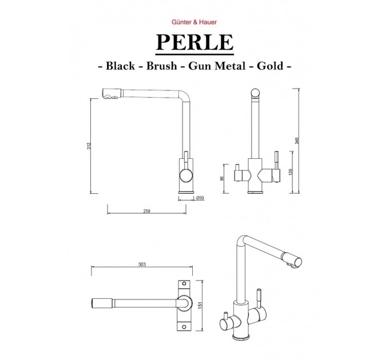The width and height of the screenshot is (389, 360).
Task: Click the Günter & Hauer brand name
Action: (x=194, y=22)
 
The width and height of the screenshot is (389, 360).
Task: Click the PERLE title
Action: (x=194, y=42)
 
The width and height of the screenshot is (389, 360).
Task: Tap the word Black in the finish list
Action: (x=120, y=66)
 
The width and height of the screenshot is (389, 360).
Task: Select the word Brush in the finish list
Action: (x=161, y=66)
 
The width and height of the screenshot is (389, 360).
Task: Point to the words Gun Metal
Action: (x=217, y=66)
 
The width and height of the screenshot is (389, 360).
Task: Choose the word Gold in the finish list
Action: (x=270, y=66)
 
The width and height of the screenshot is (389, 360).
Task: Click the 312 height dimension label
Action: (x=89, y=146)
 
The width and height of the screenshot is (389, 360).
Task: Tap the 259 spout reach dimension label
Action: (x=146, y=211)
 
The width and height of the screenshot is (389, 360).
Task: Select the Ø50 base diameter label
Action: (x=200, y=198)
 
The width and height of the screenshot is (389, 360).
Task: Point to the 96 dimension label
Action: (x=222, y=178)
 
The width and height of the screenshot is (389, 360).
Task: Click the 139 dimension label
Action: (x=291, y=172)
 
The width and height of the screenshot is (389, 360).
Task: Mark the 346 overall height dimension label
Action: (x=297, y=141)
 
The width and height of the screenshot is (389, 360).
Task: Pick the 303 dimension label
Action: (x=142, y=265)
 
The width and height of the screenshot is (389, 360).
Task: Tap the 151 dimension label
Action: (x=200, y=305)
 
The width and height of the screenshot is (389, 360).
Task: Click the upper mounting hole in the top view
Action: (x=184, y=283)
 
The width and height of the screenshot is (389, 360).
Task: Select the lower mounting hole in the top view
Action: (x=184, y=327)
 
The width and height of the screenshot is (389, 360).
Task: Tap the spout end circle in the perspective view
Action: (x=297, y=261)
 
